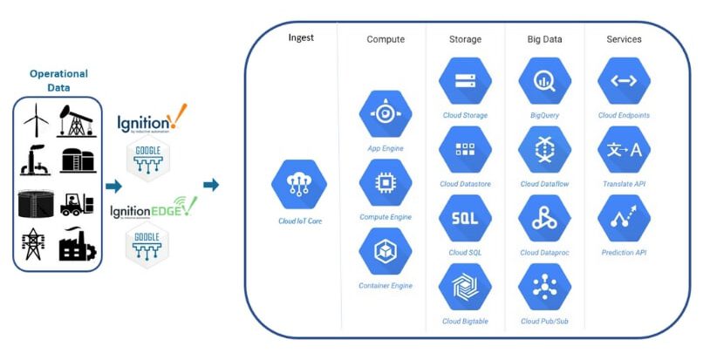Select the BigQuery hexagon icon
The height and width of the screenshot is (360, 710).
click(544, 81)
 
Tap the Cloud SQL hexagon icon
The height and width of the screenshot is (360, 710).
click(464, 219)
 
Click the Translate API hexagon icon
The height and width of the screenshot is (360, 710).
click(624, 150)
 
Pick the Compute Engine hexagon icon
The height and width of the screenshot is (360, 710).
click(385, 184)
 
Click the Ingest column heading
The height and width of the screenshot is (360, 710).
click(301, 38)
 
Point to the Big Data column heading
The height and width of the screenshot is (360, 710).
click(544, 39)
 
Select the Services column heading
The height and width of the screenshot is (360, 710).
click(624, 39)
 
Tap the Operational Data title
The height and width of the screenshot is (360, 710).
click(58, 80)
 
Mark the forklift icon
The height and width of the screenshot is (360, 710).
click(78, 202)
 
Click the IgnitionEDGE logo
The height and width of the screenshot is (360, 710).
click(153, 209)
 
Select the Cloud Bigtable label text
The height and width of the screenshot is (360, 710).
click(464, 322)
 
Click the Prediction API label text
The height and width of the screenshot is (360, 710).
click(624, 253)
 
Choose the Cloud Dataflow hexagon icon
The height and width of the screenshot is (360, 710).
click(544, 150)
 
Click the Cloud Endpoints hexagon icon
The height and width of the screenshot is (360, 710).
click(624, 81)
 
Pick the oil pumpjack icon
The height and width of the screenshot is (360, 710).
click(77, 120)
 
